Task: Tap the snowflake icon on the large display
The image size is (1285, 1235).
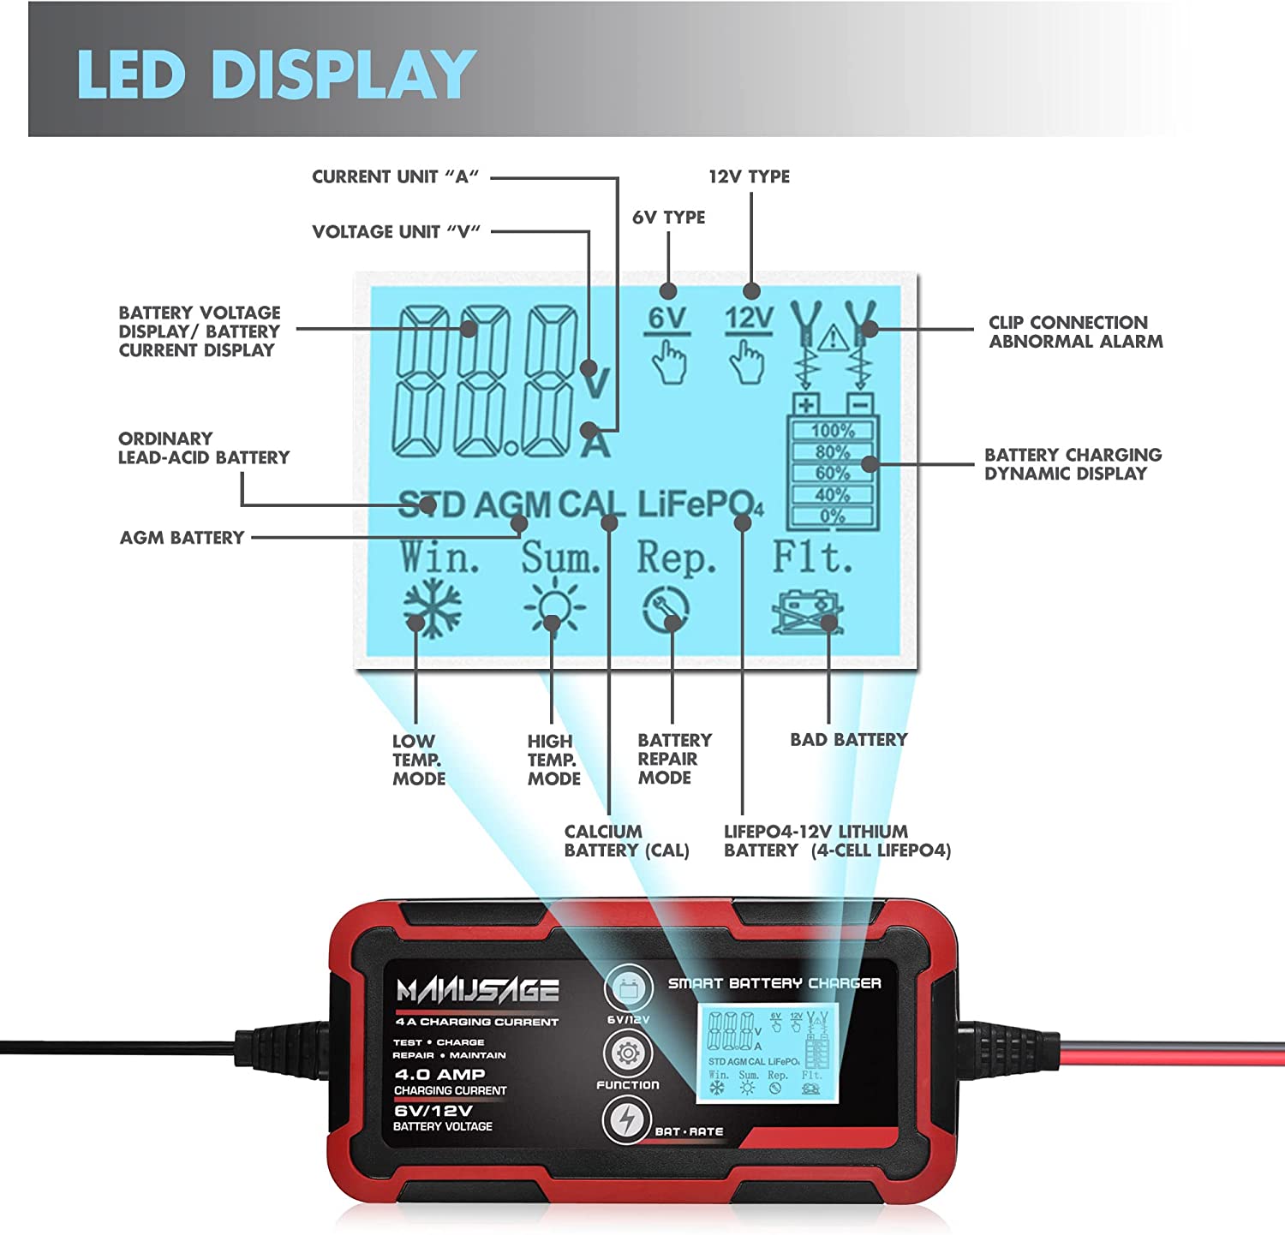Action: pyautogui.click(x=433, y=608)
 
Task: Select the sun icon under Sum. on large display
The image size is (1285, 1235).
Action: pyautogui.click(x=554, y=607)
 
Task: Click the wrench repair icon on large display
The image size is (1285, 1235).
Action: pyautogui.click(x=666, y=610)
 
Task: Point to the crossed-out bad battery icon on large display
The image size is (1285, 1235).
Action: pyautogui.click(x=807, y=612)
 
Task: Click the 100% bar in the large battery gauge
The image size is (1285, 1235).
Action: pyautogui.click(x=833, y=431)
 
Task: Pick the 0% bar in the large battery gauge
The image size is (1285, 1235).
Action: pyautogui.click(x=833, y=516)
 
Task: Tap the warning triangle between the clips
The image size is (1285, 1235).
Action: pyautogui.click(x=834, y=339)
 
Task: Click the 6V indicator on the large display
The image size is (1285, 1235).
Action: pyautogui.click(x=667, y=319)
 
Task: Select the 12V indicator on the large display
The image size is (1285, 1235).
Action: pyautogui.click(x=749, y=319)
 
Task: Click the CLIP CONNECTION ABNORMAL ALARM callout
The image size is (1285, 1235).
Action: pyautogui.click(x=1075, y=332)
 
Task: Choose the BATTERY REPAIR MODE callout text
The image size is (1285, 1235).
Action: pyautogui.click(x=674, y=759)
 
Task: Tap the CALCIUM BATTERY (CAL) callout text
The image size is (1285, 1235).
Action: pyautogui.click(x=626, y=841)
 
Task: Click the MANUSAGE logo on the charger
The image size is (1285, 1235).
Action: pyautogui.click(x=477, y=991)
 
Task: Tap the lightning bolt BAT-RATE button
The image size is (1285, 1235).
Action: pyautogui.click(x=627, y=1120)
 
